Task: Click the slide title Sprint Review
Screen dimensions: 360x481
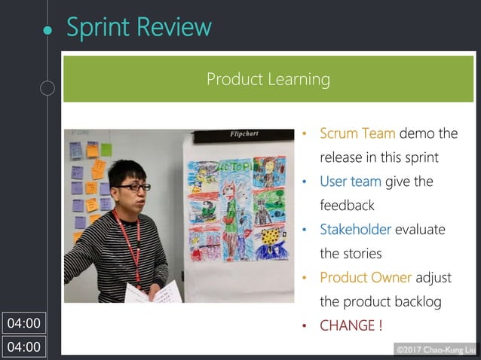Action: tap(139, 27)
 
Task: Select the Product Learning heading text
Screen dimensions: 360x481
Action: tap(268, 79)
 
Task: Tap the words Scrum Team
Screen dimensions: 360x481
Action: tap(357, 133)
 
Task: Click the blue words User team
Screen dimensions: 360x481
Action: tap(350, 182)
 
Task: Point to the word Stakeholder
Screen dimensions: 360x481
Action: tap(355, 229)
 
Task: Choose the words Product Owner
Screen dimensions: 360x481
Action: tap(366, 277)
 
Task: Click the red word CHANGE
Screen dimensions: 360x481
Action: tap(348, 325)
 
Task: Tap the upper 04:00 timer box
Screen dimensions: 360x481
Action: tap(23, 323)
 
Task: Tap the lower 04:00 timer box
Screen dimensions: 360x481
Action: tap(23, 347)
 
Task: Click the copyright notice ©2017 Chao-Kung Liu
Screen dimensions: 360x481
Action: tap(435, 349)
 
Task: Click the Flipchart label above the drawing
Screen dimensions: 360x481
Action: tap(244, 134)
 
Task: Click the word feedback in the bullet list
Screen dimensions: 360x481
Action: tap(347, 205)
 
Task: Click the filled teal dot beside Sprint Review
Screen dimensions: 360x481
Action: tap(47, 29)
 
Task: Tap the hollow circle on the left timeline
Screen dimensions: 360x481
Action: tap(47, 89)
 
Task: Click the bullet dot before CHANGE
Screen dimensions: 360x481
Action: tap(305, 326)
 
